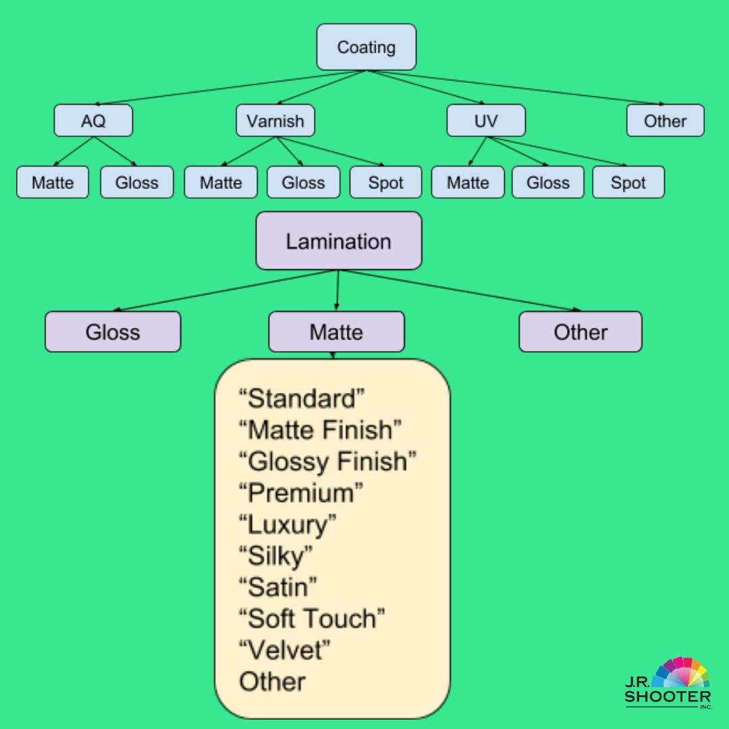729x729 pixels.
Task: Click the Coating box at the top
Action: pos(366,47)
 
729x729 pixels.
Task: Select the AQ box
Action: pos(93,121)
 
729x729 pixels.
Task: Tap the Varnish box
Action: pos(275,121)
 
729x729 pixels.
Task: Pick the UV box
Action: pos(485,121)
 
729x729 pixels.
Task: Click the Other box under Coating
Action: pos(665,121)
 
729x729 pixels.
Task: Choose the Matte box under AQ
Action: pos(53,182)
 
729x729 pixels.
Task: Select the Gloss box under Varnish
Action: pos(303,182)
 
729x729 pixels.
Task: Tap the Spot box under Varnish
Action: pos(385,182)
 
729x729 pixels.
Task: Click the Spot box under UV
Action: pos(628,182)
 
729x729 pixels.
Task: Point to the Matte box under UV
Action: pos(467,182)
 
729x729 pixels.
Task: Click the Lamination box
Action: pos(338,241)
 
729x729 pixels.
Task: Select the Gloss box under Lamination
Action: pos(113,331)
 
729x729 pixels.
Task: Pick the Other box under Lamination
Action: pos(580,331)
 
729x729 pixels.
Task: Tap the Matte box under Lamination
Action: pos(336,331)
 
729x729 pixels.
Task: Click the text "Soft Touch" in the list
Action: pos(312,618)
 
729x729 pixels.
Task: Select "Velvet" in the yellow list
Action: pos(285,650)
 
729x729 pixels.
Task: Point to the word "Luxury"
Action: pos(288,524)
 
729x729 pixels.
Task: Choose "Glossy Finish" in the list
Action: pos(327,462)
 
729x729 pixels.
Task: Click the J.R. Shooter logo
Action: pos(668,683)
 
